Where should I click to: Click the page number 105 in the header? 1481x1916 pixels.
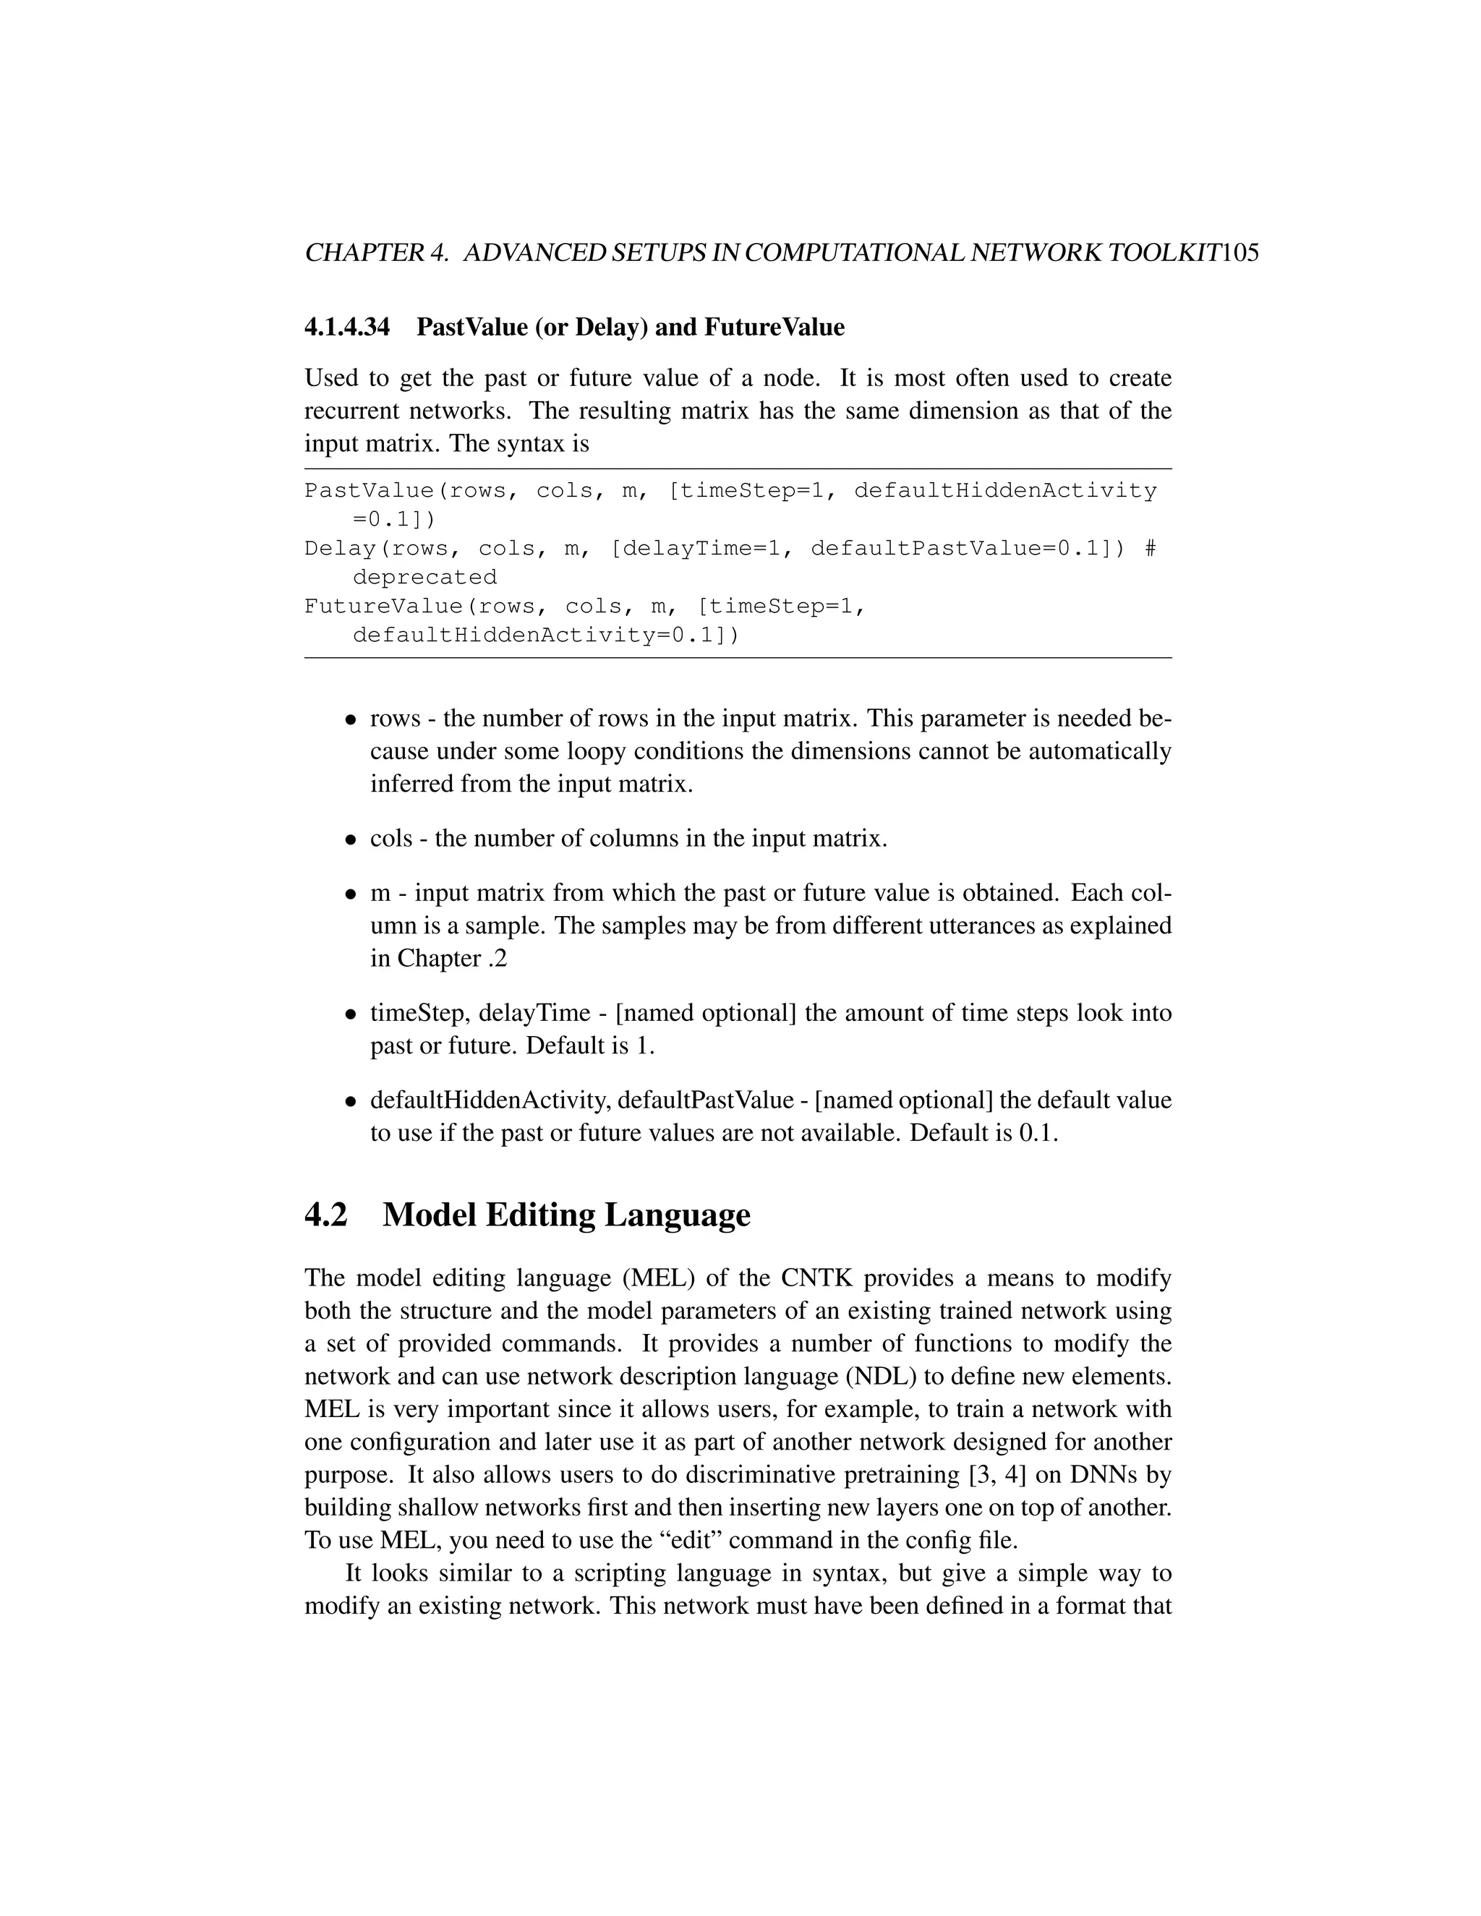1239,254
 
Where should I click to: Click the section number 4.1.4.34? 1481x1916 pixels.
346,328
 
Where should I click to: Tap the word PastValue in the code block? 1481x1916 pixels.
369,490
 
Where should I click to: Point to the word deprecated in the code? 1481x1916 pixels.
424,577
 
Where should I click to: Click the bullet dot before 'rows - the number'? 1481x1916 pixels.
350,720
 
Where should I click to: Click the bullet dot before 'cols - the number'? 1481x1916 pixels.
350,840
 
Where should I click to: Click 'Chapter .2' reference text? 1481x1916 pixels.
452,958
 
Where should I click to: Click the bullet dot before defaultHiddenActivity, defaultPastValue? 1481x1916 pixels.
350,1102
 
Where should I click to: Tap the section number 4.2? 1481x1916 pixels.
326,1215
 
